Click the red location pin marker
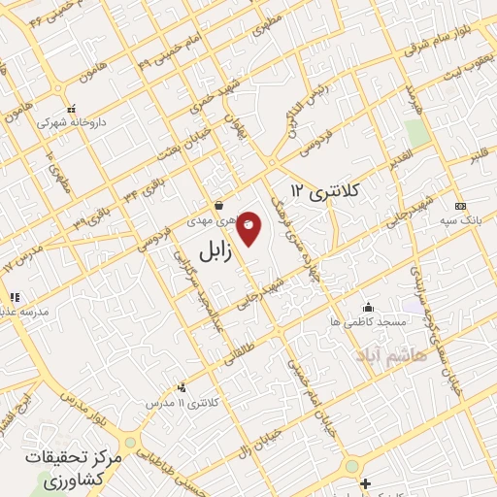tap(249, 227)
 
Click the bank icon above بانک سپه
tap(459, 206)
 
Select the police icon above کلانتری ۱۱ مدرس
tap(181, 387)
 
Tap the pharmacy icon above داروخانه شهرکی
tap(70, 110)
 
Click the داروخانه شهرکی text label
tap(69, 124)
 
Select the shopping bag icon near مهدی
tap(220, 205)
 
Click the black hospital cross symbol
tap(364, 483)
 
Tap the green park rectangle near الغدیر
tap(417, 134)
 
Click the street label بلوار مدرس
tap(82, 408)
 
